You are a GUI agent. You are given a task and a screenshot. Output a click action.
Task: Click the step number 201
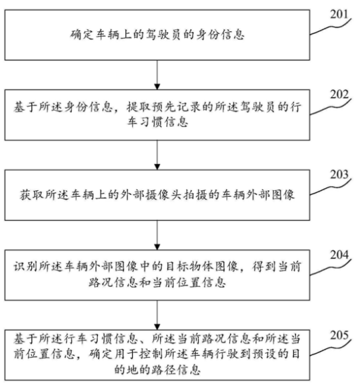coord(339,15)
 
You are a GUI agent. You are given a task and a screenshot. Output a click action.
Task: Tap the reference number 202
coord(339,95)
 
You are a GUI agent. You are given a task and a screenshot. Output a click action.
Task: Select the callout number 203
coord(339,175)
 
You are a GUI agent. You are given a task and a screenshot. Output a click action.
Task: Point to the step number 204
coord(339,255)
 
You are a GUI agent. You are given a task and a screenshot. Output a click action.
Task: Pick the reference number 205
coord(339,335)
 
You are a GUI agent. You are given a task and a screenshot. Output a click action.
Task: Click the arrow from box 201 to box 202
coord(157,75)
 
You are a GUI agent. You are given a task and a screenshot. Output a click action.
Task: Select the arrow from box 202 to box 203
coord(157,155)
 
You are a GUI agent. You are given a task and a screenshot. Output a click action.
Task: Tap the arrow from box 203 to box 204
coord(157,236)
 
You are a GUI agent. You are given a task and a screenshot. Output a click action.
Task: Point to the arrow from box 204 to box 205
coord(157,315)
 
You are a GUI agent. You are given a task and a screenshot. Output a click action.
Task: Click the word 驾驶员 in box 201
coord(163,35)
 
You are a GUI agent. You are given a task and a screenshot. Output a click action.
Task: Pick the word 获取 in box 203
coord(31,195)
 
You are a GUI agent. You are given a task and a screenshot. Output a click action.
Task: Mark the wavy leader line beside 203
coord(330,187)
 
